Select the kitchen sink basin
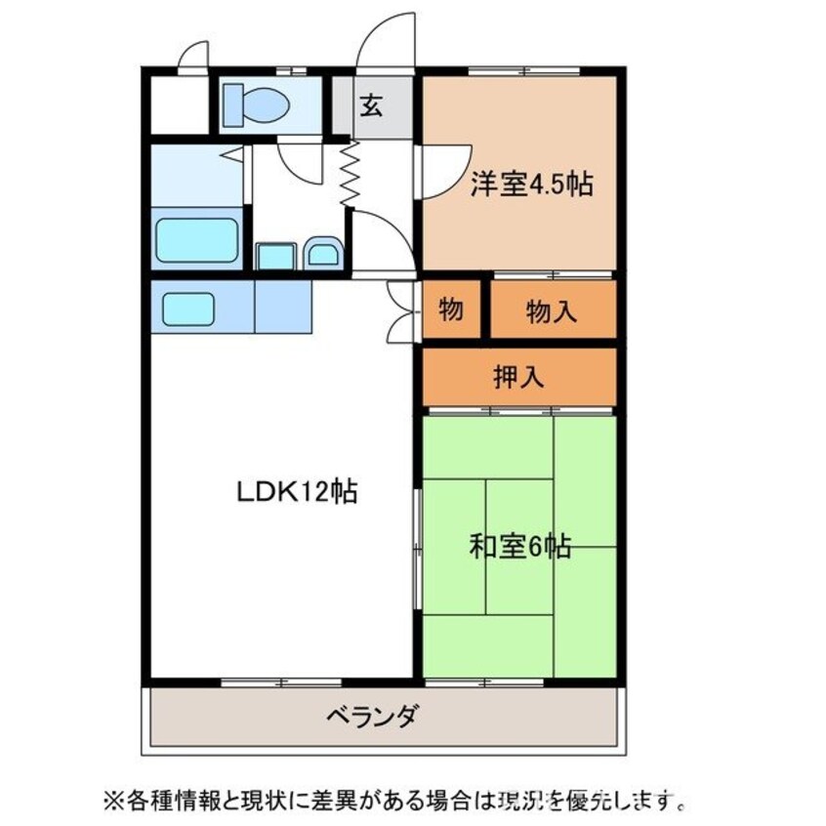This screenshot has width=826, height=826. point(188,308)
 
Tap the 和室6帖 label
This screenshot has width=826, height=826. point(520,545)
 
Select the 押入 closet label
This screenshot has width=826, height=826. point(518,376)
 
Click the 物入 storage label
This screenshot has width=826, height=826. point(552,310)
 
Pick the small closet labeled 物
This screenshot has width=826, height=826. point(451,310)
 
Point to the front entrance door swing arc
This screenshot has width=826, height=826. point(383,39)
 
